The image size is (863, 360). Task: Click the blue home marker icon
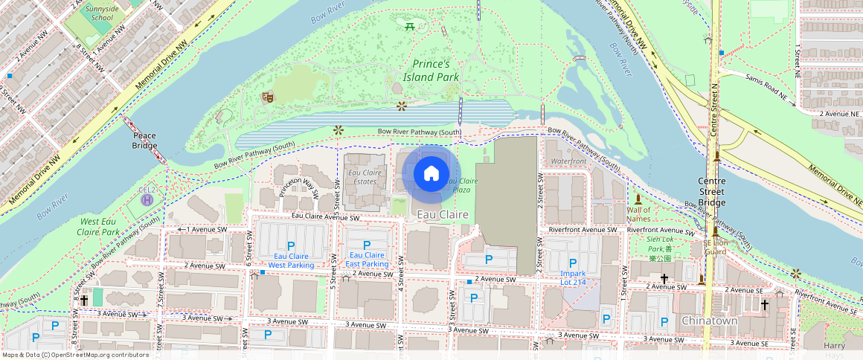tap(431, 174)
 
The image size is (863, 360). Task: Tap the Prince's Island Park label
tap(431, 71)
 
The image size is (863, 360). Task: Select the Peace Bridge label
tap(144, 141)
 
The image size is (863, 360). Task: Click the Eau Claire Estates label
tap(365, 177)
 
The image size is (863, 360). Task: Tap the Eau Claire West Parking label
tap(291, 260)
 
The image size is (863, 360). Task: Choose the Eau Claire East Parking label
tap(367, 260)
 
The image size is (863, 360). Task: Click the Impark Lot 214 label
tap(573, 277)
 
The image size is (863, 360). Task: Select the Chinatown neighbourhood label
tap(709, 321)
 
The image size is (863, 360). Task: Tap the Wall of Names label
tap(638, 214)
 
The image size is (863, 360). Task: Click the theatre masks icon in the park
tap(267, 97)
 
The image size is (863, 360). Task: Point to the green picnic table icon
tap(410, 27)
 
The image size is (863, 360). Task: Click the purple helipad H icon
tap(147, 199)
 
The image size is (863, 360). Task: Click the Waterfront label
tap(568, 161)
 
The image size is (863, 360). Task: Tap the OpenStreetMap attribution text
tap(75, 355)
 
